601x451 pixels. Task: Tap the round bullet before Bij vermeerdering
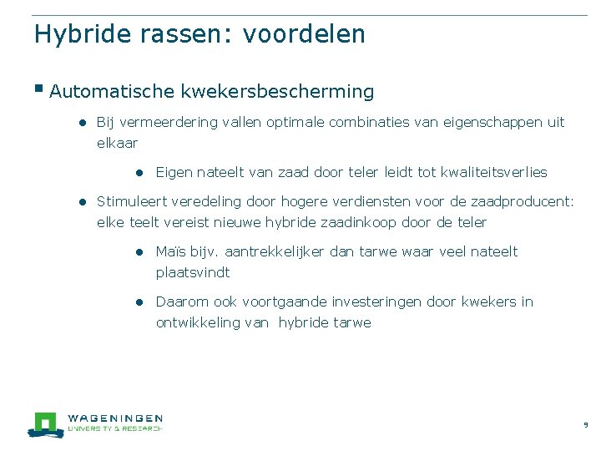point(83,122)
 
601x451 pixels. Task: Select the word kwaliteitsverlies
point(494,172)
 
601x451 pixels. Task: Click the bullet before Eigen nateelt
point(143,173)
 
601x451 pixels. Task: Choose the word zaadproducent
point(526,201)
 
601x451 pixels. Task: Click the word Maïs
point(170,251)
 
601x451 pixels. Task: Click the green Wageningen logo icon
point(44,423)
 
